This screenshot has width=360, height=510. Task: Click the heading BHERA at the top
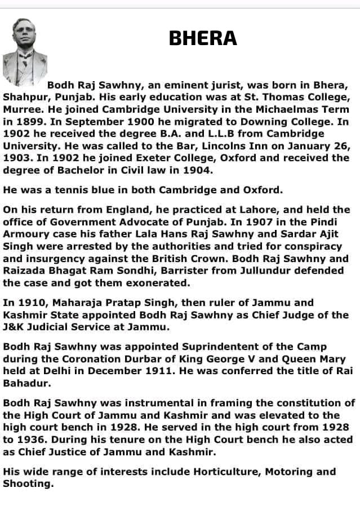pyautogui.click(x=203, y=38)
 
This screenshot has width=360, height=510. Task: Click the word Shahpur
pyautogui.click(x=24, y=97)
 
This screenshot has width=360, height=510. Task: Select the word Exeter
pyautogui.click(x=154, y=158)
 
